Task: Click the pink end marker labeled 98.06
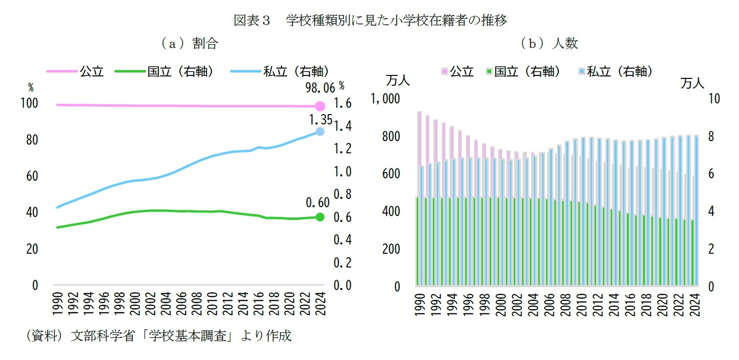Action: [320, 106]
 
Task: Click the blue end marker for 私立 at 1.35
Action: [320, 131]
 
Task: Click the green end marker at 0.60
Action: [320, 217]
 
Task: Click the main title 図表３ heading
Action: [370, 21]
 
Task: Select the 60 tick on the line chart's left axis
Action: [33, 176]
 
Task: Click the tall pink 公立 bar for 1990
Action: [420, 157]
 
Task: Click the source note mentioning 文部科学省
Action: [158, 336]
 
